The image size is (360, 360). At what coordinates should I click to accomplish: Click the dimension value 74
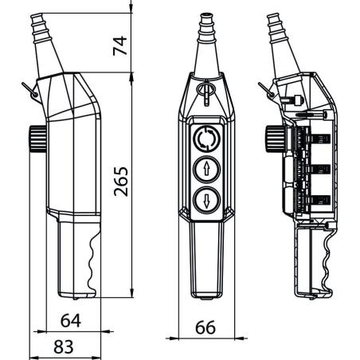click(120, 45)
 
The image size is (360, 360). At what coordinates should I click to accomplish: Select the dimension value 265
click(121, 182)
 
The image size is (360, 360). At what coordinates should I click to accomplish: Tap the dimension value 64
click(71, 321)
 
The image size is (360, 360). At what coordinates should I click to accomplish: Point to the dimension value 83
click(64, 346)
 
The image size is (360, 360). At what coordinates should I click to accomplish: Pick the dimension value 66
click(205, 327)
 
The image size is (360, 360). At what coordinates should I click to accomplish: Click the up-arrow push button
click(207, 170)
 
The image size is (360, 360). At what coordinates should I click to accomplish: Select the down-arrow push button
click(207, 201)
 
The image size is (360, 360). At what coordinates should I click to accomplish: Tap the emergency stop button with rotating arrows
click(207, 139)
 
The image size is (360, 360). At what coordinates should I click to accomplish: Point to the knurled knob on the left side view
click(37, 139)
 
